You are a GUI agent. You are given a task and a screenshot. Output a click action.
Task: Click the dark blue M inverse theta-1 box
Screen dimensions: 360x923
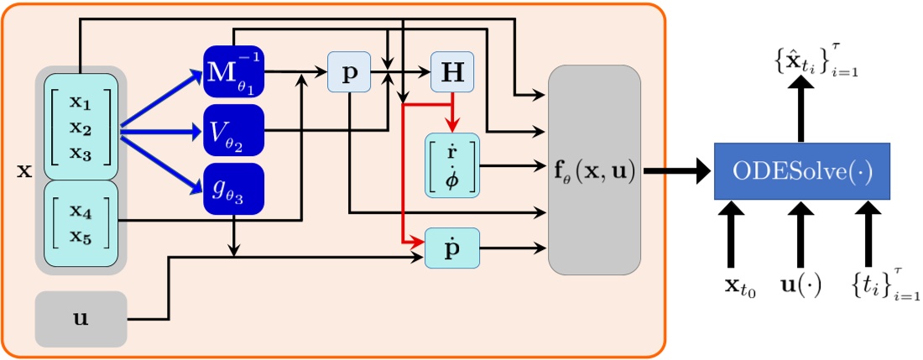(x=234, y=70)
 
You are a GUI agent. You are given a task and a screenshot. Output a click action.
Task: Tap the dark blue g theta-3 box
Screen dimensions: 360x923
(x=234, y=188)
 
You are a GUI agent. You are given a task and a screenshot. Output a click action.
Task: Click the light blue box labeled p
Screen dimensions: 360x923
(x=351, y=74)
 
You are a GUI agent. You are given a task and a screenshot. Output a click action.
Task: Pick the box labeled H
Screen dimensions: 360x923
(x=452, y=74)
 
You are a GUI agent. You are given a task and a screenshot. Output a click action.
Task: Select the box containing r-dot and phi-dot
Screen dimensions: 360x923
(x=452, y=164)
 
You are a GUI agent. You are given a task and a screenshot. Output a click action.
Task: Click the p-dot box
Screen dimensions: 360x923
(x=452, y=248)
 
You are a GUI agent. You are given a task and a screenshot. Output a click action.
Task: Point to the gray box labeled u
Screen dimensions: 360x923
(x=81, y=319)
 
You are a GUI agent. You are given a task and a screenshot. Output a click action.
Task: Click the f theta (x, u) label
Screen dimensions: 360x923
(x=594, y=175)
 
